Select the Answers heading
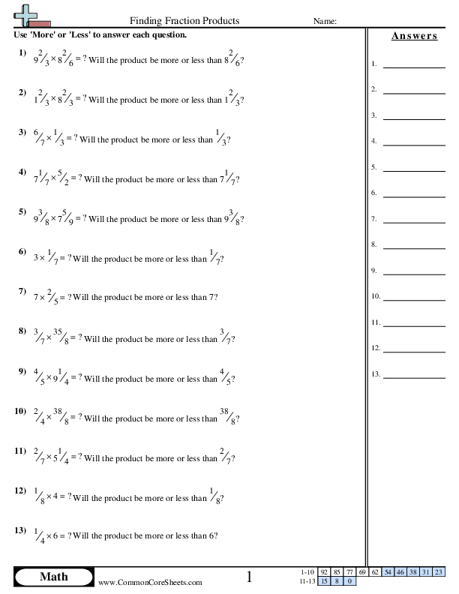[415, 36]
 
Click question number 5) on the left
[22, 212]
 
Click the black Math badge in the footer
[53, 577]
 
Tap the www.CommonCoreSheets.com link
[151, 582]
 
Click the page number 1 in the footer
[250, 577]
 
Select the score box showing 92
[324, 572]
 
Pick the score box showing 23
[439, 572]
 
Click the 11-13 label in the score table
[307, 580]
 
